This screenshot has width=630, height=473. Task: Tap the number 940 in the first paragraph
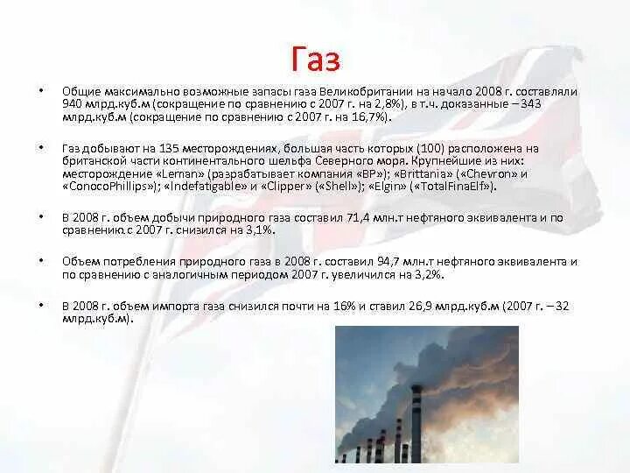(73, 103)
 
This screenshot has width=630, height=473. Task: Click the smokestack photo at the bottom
(427, 399)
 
